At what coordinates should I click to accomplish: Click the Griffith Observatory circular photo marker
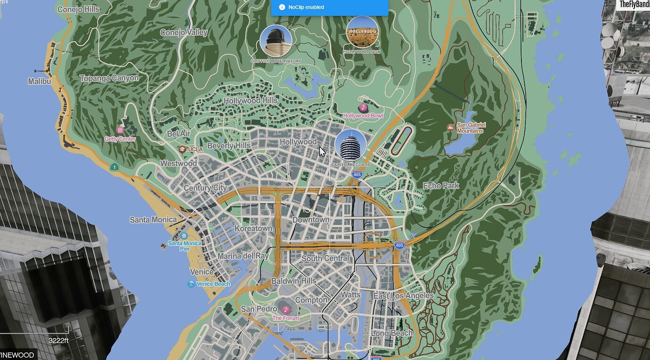(276, 41)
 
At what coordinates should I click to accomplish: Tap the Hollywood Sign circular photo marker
(362, 32)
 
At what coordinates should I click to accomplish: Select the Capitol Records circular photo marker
(350, 145)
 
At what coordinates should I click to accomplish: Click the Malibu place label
(40, 82)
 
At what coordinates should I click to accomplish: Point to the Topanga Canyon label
(109, 78)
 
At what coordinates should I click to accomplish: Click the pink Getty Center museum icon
(120, 130)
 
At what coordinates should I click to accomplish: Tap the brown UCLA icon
(182, 149)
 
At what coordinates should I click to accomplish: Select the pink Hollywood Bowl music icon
(363, 107)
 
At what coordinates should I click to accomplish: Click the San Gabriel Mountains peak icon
(450, 127)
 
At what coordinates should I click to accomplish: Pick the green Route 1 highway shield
(114, 167)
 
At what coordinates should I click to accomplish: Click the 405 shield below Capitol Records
(357, 175)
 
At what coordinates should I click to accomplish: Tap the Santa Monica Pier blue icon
(184, 236)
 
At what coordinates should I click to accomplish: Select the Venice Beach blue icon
(191, 284)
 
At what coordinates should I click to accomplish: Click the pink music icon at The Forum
(285, 310)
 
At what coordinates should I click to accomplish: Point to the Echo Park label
(441, 186)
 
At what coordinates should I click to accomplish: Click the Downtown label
(311, 220)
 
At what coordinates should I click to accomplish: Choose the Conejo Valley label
(184, 33)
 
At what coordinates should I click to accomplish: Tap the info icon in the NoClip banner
(282, 7)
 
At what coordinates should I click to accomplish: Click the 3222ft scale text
(59, 341)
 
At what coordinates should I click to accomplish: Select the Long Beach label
(392, 333)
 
